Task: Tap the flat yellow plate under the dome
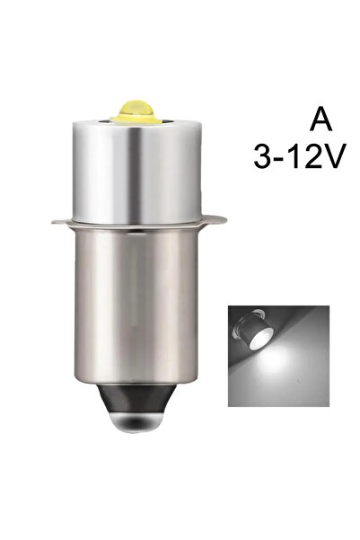point(136,120)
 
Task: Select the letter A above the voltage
point(320,121)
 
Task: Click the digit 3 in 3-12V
point(263,156)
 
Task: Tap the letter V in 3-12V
point(334,156)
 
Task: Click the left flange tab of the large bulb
point(62,221)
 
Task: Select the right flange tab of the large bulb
point(215,218)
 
